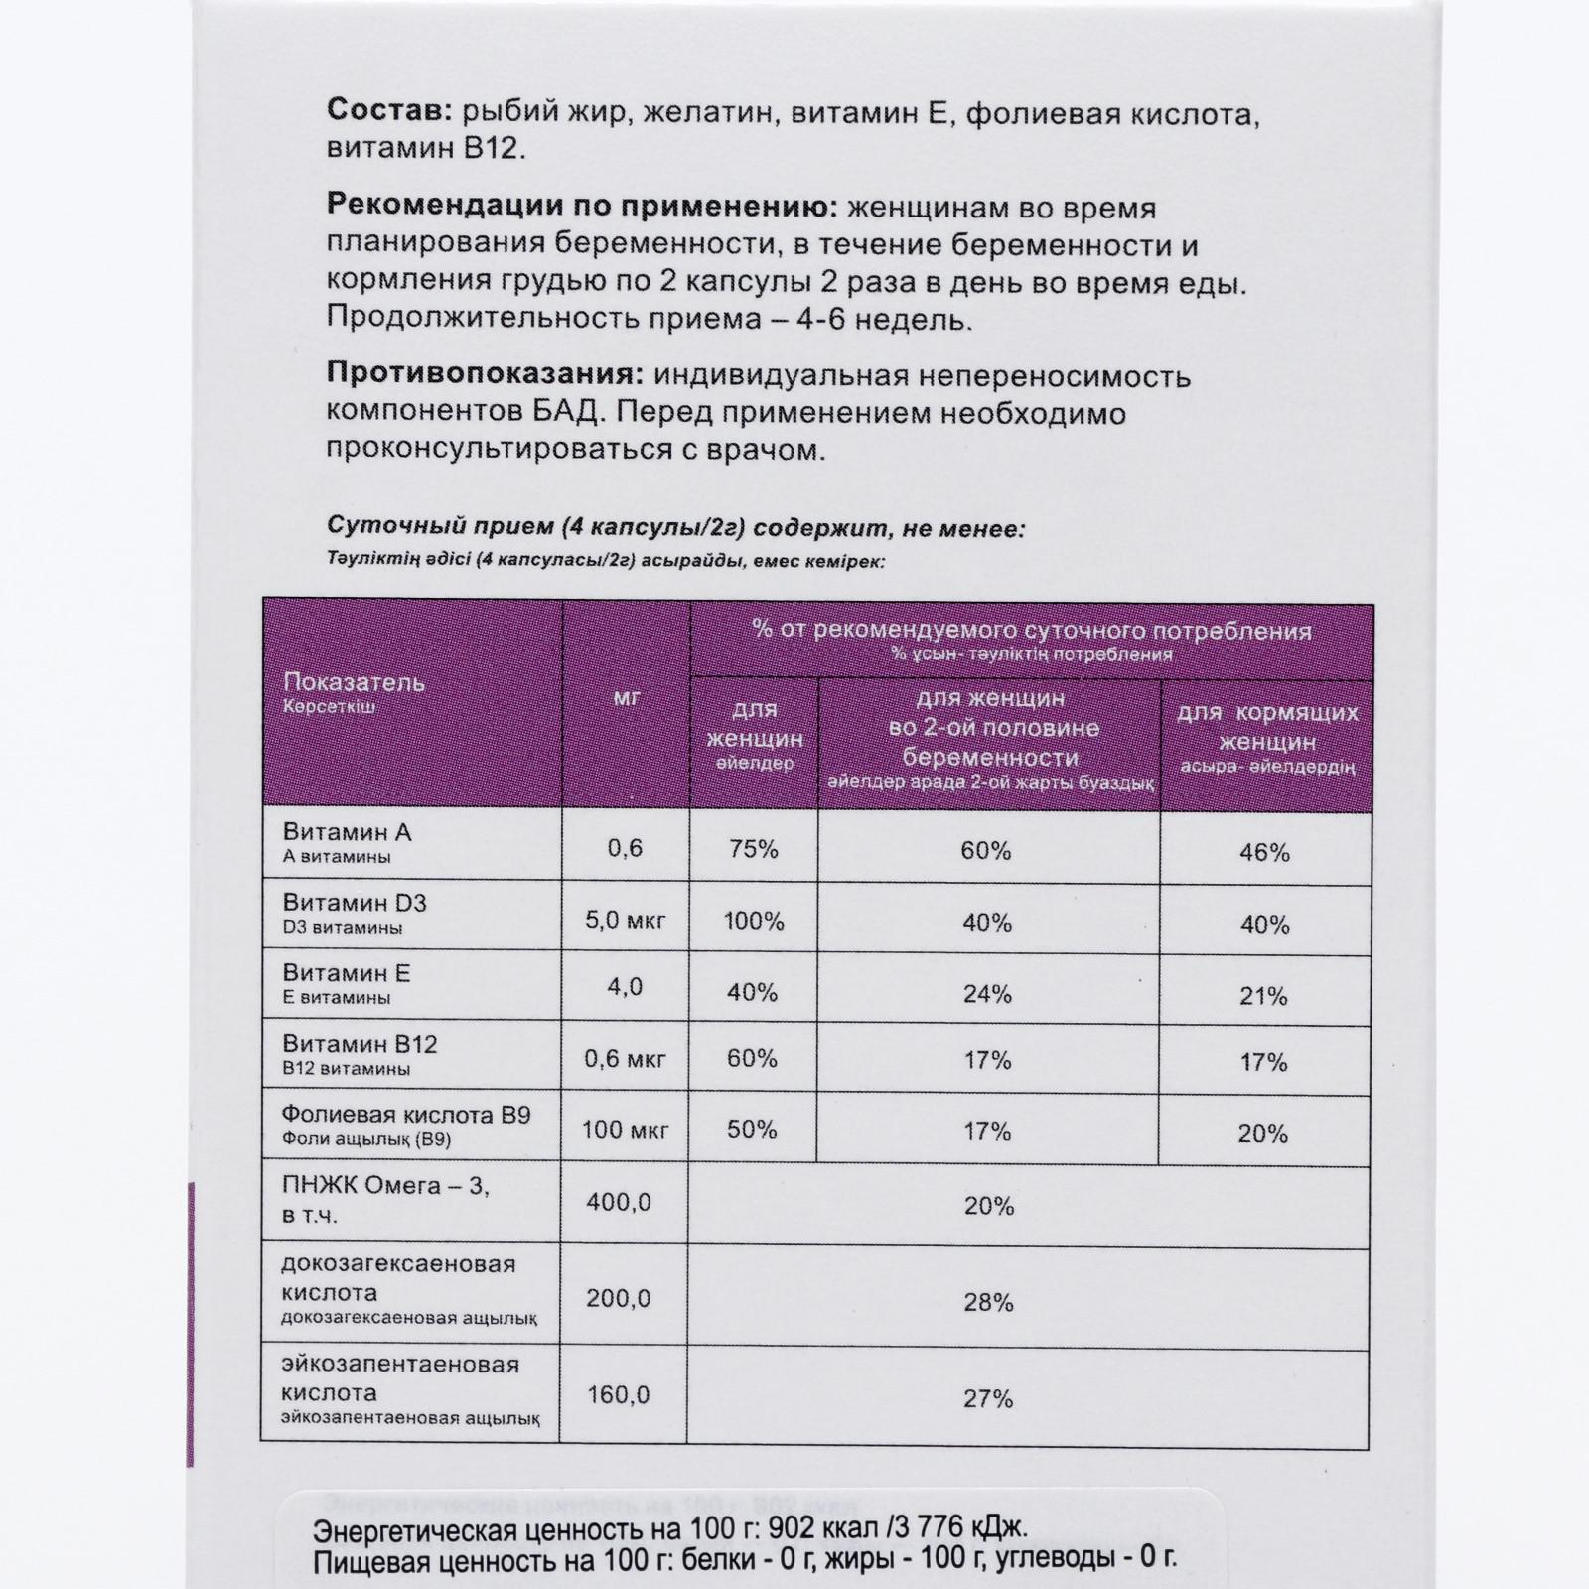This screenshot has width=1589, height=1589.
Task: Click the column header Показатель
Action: point(354,682)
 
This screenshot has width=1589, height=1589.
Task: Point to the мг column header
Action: point(626,697)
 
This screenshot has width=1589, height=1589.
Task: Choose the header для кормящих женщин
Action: point(1266,727)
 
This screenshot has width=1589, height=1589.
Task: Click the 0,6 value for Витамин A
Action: point(625,847)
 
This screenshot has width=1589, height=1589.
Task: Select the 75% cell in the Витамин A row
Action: point(753,849)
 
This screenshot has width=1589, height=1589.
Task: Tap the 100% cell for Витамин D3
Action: point(754,921)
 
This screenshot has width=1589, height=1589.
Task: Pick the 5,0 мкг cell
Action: point(625,920)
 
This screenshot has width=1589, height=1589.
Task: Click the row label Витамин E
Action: point(347,973)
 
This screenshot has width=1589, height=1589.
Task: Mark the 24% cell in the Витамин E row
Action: point(987,994)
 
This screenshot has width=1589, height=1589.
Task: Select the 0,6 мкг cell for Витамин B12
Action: point(625,1059)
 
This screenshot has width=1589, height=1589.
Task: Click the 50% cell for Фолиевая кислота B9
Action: point(753,1129)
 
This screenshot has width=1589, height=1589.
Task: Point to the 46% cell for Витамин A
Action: point(1264,852)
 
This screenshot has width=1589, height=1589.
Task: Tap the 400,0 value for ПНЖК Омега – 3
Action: point(619,1202)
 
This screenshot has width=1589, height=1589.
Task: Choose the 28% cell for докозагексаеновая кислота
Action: point(988,1302)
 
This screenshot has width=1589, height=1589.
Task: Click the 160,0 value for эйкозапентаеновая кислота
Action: point(618,1395)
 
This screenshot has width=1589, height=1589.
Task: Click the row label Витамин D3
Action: point(355,903)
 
